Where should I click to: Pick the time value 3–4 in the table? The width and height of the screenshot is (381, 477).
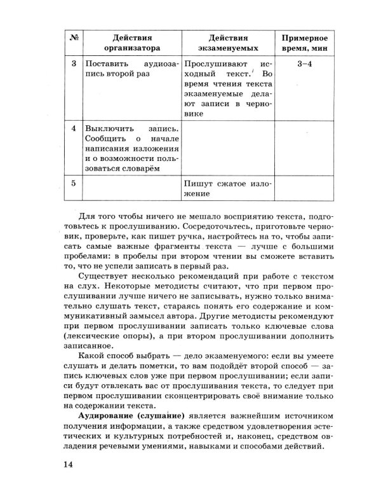[305, 65]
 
